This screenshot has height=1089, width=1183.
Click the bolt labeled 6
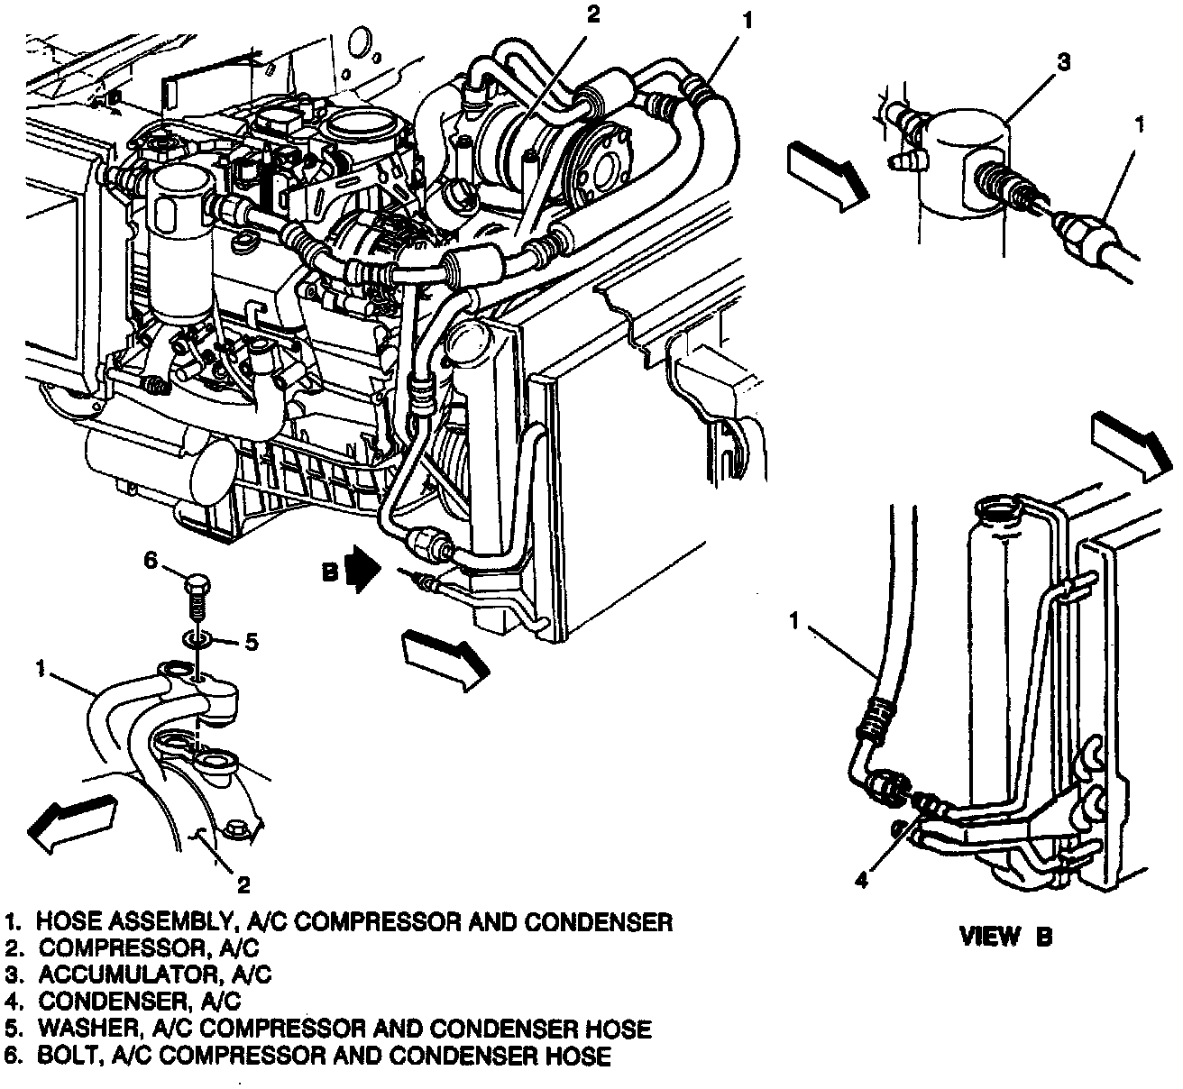[197, 592]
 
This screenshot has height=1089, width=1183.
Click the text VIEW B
[1005, 936]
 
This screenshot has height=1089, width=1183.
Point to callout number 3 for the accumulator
[1064, 62]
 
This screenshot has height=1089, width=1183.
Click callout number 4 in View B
[862, 880]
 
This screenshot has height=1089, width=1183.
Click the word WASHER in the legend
[78, 1028]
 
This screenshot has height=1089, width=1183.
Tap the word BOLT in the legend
[63, 1055]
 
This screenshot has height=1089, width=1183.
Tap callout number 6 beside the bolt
[151, 561]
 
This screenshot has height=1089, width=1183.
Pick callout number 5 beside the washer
[252, 642]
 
